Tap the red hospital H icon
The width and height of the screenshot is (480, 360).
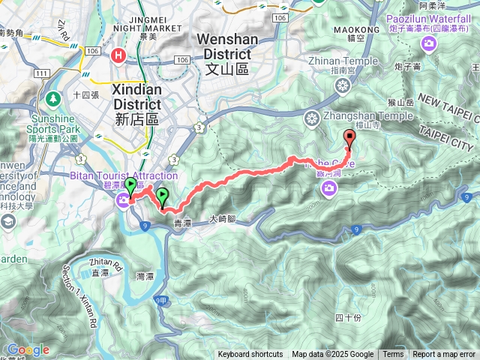[x=118, y=55]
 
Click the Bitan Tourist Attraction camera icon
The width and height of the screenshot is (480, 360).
[x=121, y=199]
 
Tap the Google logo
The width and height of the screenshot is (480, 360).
[x=28, y=349]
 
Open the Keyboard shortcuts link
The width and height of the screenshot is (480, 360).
[x=250, y=355]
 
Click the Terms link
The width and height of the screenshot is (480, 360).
[x=393, y=355]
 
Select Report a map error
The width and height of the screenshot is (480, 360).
[x=444, y=355]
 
